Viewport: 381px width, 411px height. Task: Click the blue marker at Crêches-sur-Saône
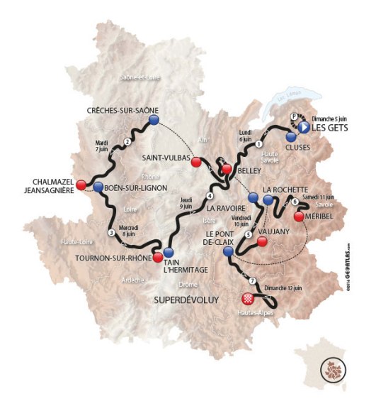153,121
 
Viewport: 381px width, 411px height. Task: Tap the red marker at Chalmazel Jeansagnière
81,185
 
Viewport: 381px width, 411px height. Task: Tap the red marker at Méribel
300,216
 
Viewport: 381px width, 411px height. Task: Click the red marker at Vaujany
263,242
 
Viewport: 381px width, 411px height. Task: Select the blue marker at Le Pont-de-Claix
227,251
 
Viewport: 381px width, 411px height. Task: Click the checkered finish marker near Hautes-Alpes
248,299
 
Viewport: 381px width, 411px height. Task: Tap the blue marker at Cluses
290,136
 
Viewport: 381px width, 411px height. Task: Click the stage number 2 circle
127,141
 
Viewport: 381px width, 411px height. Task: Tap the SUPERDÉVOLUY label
186,301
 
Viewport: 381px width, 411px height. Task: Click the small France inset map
329,368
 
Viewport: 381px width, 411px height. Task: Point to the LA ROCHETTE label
285,190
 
